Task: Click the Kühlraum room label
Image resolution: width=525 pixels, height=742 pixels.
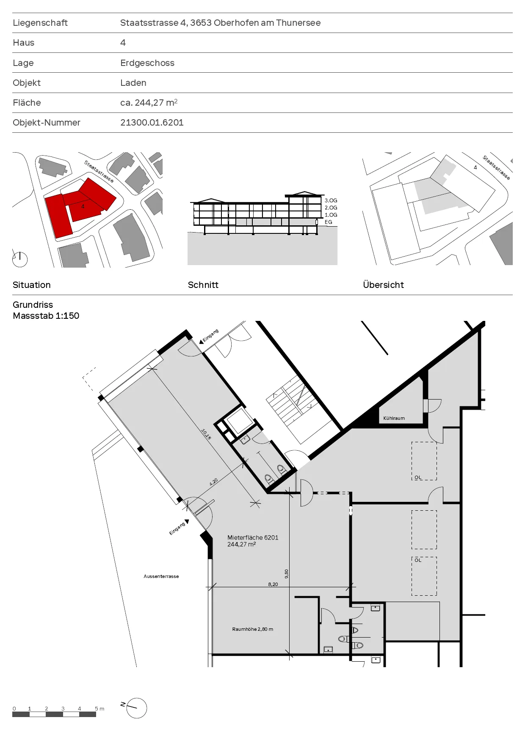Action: tap(394, 418)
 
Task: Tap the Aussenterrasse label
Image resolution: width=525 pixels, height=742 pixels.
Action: tap(161, 576)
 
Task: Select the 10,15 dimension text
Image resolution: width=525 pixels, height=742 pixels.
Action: tap(206, 434)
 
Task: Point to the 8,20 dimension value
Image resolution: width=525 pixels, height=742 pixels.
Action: tap(273, 584)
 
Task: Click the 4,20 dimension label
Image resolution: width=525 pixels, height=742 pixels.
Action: tap(214, 481)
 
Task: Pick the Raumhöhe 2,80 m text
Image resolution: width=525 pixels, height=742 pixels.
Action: tap(252, 629)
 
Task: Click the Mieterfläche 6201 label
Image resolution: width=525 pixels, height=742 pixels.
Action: tap(253, 538)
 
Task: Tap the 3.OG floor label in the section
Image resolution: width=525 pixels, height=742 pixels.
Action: tap(331, 200)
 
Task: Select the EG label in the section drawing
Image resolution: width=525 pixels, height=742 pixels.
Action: tap(329, 222)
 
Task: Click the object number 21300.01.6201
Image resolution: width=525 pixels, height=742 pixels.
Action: tap(152, 123)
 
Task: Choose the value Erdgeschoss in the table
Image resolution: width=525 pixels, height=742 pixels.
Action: tap(147, 63)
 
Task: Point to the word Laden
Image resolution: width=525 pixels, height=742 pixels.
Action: tap(133, 83)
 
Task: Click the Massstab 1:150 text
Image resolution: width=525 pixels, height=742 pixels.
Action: tap(46, 316)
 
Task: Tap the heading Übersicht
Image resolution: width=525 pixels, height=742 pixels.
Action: tap(384, 285)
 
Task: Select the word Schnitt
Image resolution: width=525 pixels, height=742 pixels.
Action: tap(203, 285)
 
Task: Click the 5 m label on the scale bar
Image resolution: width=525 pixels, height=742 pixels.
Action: tap(99, 709)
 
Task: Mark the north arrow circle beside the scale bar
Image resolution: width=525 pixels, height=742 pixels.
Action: tap(137, 708)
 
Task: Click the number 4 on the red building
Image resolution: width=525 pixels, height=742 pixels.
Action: tap(83, 206)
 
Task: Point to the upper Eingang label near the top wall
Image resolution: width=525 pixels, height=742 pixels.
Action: tap(211, 335)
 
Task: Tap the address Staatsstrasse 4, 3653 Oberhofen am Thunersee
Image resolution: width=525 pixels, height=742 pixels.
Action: tap(220, 23)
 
